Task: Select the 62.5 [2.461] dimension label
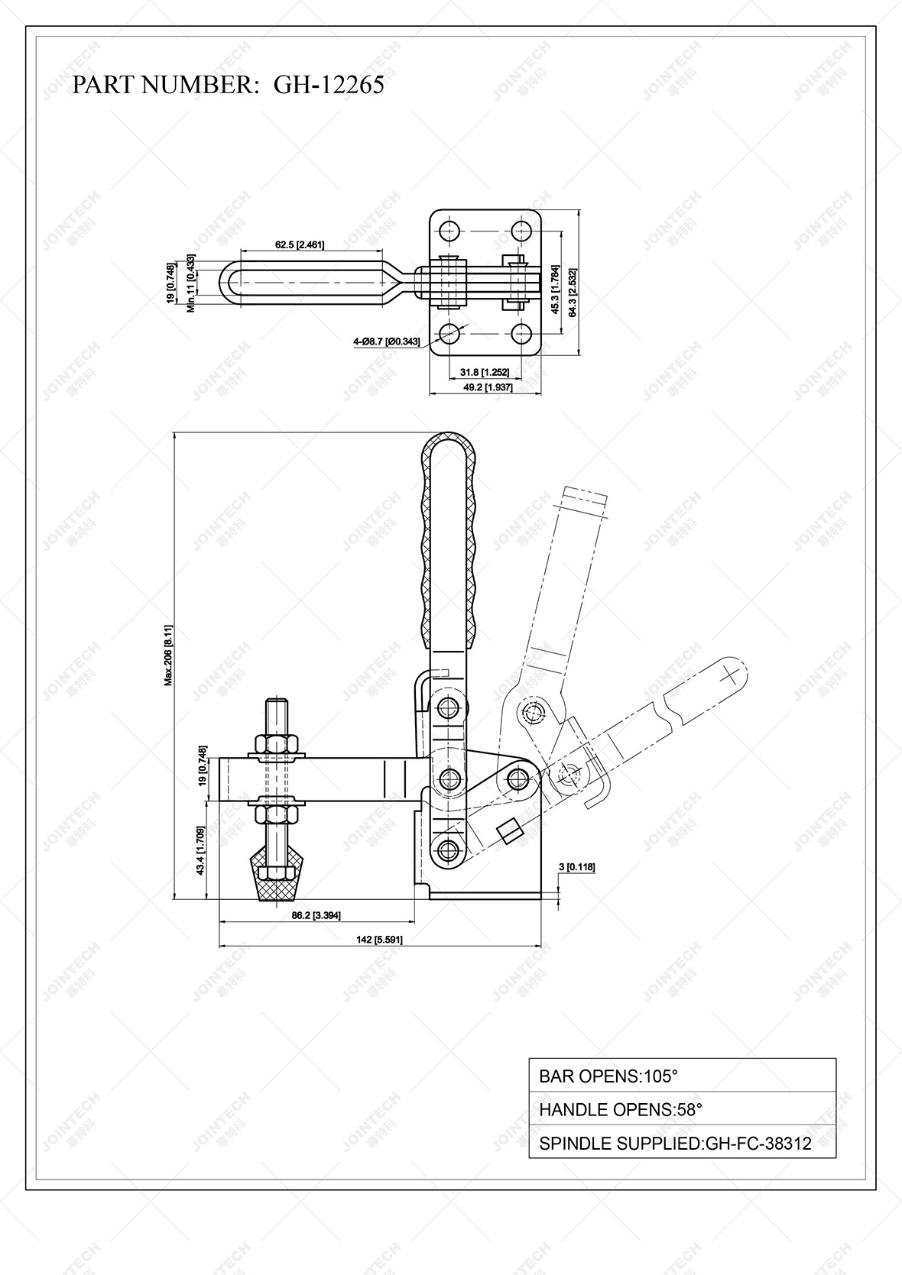[x=300, y=245]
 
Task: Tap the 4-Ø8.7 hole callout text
[x=387, y=341]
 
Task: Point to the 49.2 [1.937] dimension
[x=485, y=387]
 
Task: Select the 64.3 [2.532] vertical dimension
[x=573, y=291]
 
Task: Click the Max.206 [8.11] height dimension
[x=169, y=655]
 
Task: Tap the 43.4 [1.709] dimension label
[x=200, y=850]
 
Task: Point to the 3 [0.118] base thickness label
[x=577, y=866]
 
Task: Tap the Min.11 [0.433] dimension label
[x=193, y=283]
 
